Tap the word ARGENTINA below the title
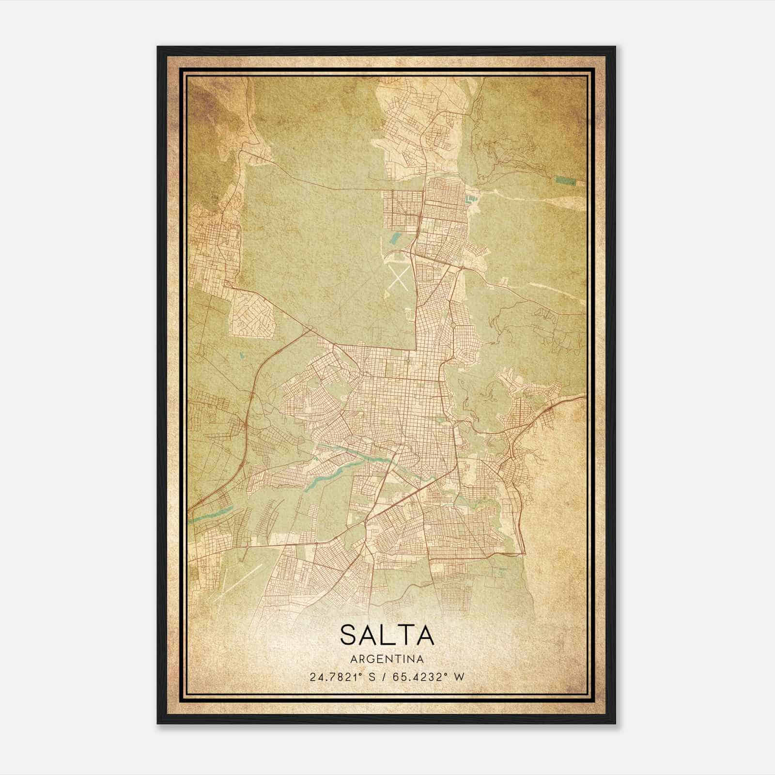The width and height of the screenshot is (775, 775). [x=387, y=659]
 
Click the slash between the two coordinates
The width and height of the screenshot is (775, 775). [x=384, y=677]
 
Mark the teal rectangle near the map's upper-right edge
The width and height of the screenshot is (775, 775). [x=566, y=181]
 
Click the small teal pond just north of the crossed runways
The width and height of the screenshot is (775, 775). [x=396, y=237]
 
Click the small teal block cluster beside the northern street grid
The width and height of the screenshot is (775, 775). [x=471, y=199]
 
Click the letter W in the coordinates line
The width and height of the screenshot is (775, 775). [x=459, y=677]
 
